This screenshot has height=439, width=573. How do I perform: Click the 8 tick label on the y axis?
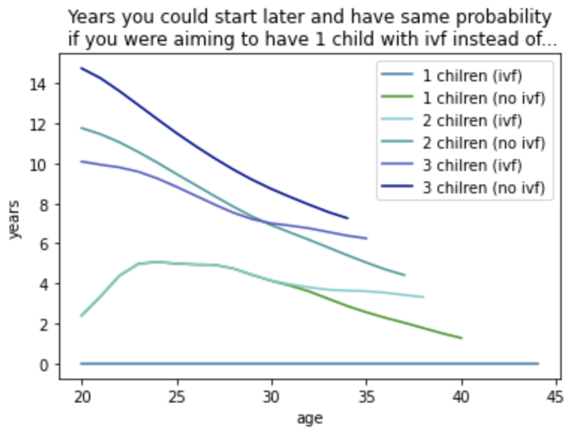[44, 205]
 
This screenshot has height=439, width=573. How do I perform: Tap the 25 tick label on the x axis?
[177, 397]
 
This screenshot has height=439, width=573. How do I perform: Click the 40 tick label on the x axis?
[462, 397]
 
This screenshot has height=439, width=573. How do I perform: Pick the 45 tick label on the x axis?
[556, 397]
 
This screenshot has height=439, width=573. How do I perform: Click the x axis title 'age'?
[310, 419]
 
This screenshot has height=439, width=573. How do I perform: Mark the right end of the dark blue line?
[348, 218]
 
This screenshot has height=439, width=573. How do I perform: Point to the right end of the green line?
[462, 338]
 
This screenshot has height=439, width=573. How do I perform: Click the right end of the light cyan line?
[424, 297]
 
